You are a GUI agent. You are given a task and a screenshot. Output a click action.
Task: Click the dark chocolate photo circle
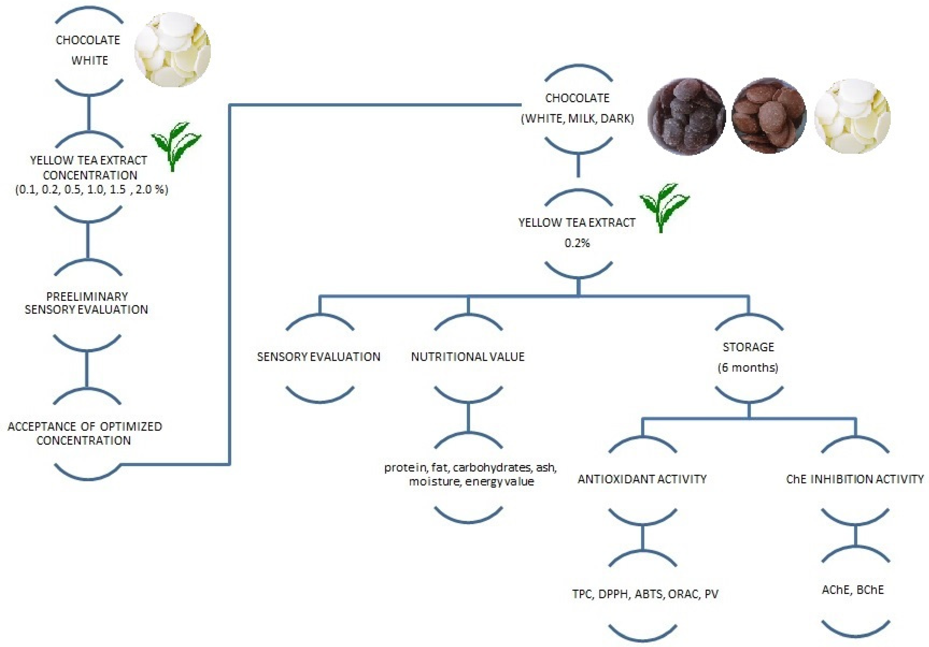687,117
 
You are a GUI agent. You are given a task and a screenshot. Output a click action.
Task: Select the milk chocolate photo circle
769,116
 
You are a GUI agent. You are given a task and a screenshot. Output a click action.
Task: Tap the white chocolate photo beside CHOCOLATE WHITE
172,49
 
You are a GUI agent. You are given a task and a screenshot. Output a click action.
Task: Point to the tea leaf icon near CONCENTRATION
176,146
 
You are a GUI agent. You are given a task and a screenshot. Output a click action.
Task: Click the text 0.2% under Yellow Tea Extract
577,243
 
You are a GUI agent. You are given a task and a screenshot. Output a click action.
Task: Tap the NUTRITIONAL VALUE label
468,357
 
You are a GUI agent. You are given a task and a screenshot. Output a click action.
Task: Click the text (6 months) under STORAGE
748,368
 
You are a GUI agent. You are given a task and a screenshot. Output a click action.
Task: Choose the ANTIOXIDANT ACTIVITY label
642,479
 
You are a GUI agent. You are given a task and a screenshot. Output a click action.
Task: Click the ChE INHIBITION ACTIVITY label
855,479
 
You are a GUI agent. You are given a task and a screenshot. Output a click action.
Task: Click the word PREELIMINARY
87,296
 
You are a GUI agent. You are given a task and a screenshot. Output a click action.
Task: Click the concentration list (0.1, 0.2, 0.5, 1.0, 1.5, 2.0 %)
92,190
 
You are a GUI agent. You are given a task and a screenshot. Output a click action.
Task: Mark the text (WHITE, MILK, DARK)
578,119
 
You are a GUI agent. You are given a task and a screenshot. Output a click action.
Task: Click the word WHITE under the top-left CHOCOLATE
89,60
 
